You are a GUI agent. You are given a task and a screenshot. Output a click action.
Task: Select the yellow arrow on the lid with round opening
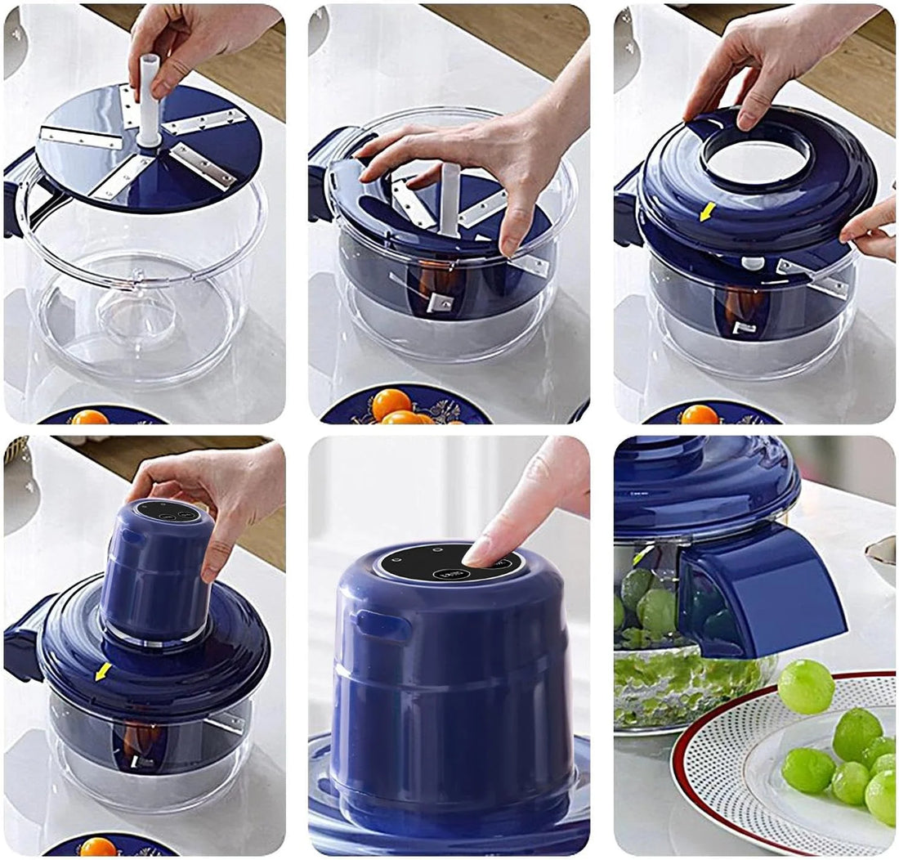708,212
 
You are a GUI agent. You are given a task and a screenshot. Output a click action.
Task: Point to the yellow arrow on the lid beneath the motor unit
103,672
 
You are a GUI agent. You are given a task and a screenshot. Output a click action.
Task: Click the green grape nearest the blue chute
805,688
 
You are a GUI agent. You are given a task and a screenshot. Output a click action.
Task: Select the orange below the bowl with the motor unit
97,846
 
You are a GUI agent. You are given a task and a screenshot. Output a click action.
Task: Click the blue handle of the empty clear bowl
16,196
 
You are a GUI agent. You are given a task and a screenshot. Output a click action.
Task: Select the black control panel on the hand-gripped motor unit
167,512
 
